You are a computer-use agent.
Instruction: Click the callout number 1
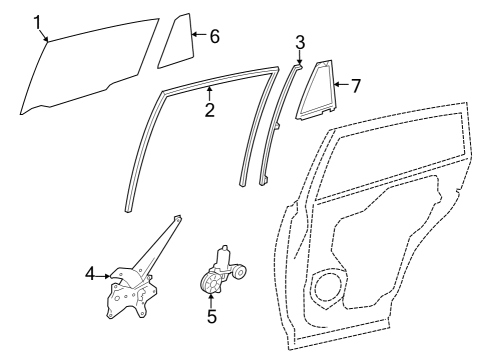[37, 21]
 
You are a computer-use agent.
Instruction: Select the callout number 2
[209, 110]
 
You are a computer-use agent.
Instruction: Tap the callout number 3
[300, 41]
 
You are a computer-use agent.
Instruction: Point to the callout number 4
[90, 272]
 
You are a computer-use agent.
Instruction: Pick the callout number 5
[211, 318]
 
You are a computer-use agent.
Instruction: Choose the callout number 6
[213, 36]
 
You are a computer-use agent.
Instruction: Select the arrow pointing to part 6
[198, 36]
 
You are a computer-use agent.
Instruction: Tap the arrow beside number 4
[104, 272]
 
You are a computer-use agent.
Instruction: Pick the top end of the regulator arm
[177, 218]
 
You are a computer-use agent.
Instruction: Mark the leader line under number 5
[211, 302]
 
